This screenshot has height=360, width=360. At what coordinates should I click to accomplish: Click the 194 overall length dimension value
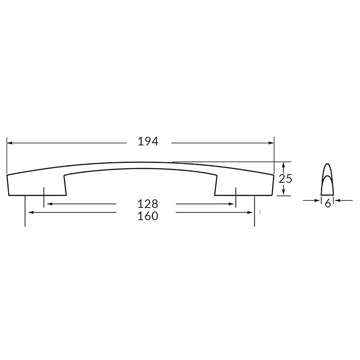click(148, 141)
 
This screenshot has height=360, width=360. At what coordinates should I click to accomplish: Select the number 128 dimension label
click(148, 204)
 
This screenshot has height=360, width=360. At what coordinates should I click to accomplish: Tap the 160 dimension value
click(148, 216)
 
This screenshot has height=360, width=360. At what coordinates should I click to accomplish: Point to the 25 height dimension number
click(285, 178)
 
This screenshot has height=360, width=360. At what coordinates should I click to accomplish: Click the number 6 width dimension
click(328, 204)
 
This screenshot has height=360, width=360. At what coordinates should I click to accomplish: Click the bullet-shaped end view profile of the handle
click(328, 180)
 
